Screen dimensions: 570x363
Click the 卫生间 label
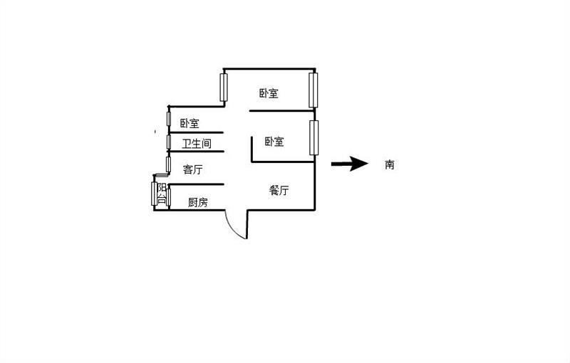point(197,143)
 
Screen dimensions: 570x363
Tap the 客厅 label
point(192,169)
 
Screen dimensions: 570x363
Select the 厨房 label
point(198,202)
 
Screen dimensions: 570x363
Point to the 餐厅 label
point(279,190)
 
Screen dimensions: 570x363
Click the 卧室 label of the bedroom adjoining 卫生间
point(190,123)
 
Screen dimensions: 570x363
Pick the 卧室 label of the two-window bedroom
point(269,93)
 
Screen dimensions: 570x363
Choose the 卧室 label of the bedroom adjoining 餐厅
point(274,141)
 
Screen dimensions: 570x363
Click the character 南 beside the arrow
point(389,164)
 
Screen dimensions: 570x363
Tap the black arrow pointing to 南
point(350,164)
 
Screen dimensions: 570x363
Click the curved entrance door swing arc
point(235,226)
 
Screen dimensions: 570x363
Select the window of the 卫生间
point(169,142)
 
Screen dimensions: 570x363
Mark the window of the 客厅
point(168,164)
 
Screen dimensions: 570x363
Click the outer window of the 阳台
point(154,194)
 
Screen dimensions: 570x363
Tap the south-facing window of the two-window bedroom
point(313,90)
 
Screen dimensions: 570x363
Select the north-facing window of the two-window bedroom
point(224,87)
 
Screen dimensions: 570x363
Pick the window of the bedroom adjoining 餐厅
point(313,137)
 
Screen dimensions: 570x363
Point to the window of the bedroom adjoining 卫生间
point(169,119)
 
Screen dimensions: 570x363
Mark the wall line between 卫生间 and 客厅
point(196,152)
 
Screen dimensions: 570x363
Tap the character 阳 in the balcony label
point(162,188)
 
